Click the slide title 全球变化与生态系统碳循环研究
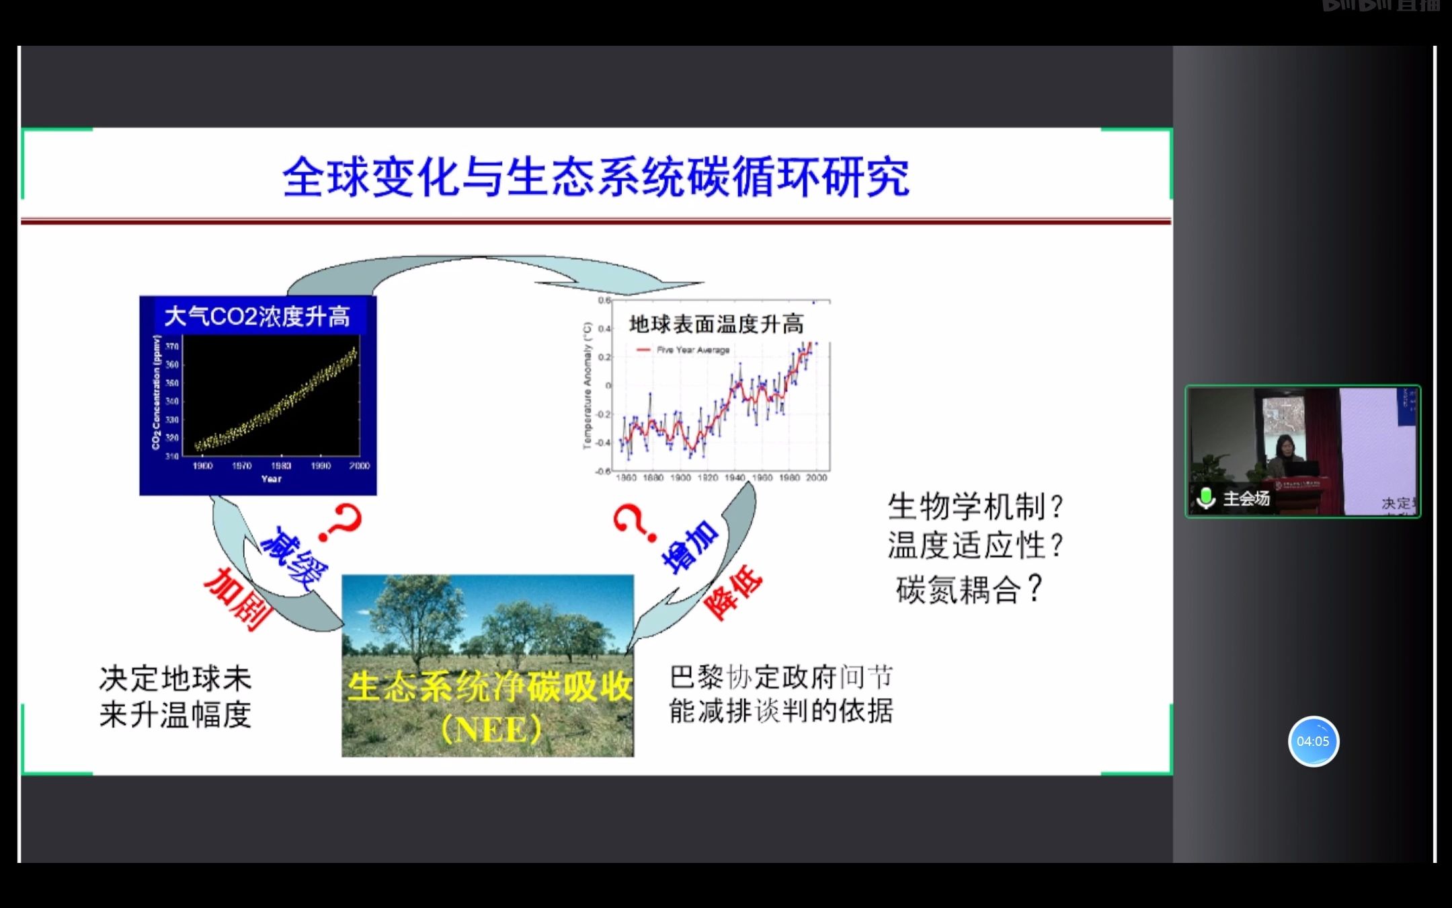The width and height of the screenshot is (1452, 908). pos(596,177)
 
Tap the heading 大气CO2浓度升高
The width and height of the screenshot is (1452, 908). pos(257,316)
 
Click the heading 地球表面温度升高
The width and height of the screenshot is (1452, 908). pos(716,324)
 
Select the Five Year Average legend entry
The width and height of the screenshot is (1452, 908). pos(692,350)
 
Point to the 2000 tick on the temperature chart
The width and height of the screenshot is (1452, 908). pos(816,478)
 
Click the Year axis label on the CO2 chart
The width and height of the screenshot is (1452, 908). pos(271,479)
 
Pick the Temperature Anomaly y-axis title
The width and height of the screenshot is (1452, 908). pos(587,385)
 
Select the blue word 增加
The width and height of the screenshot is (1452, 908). pos(690,547)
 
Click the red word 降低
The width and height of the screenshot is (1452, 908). pos(733,592)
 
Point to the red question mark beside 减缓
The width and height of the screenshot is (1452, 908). pos(341,523)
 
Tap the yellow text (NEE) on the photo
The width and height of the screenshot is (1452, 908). pos(491,730)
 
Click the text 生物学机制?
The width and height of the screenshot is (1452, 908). pos(975,506)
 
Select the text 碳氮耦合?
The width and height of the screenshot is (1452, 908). pos(968,589)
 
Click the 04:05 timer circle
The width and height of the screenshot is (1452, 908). pos(1313,741)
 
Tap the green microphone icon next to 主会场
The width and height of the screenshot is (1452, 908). pos(1206,498)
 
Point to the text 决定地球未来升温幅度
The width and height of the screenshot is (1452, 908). pos(175,697)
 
